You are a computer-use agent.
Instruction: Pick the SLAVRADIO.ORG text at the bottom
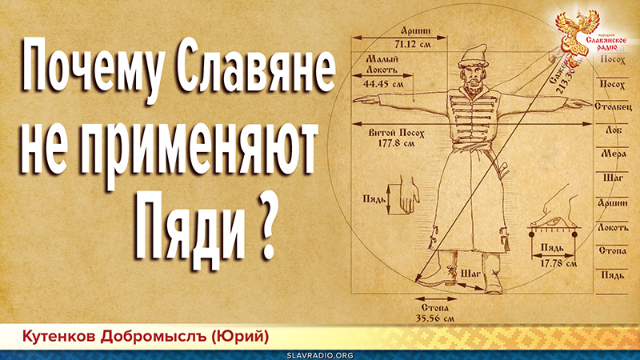[320, 352]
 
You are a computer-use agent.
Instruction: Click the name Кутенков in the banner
[61, 332]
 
